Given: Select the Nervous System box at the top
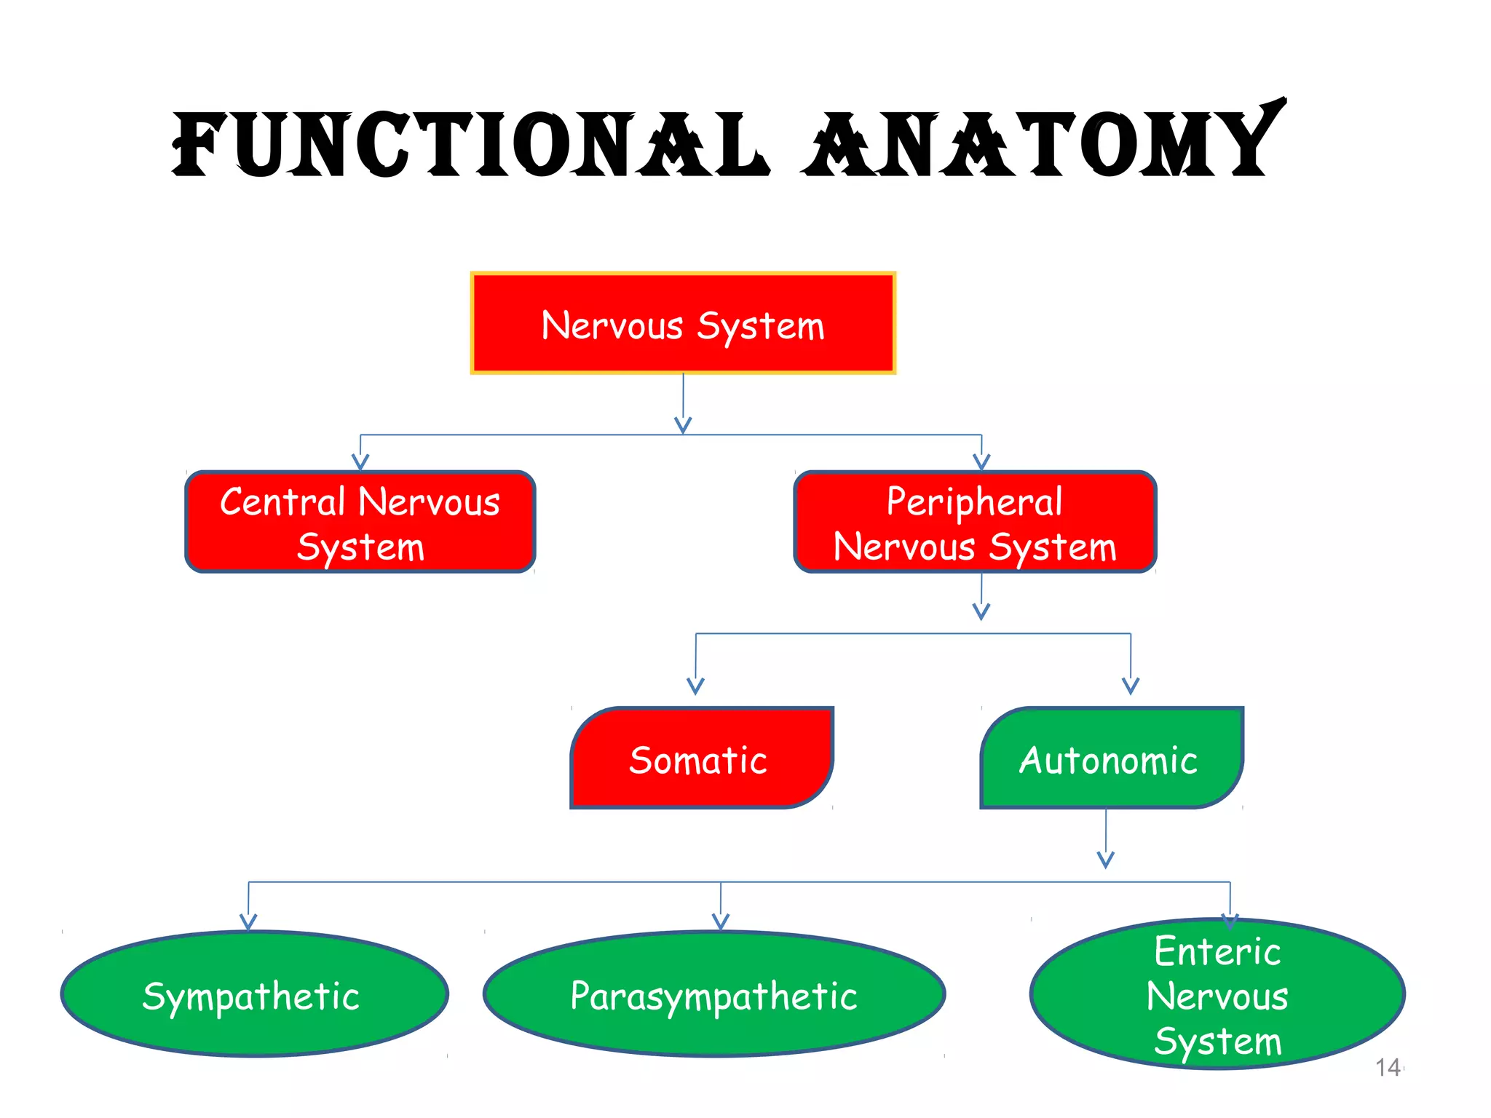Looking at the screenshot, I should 683,323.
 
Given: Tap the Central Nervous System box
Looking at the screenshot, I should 360,522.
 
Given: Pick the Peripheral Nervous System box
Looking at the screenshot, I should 975,522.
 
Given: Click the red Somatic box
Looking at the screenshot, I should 700,758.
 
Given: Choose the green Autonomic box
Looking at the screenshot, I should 1111,758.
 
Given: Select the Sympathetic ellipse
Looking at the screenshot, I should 254,994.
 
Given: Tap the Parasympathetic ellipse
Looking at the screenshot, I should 714,994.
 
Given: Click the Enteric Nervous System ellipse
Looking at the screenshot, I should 1217,995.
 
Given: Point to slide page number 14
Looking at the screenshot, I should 1388,1067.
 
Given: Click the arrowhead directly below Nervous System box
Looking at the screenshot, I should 683,425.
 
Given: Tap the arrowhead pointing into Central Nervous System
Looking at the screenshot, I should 360,462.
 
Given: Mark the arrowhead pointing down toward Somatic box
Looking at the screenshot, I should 695,686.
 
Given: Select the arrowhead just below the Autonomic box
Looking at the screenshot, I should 1106,860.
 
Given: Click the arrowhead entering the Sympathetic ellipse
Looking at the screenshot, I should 248,923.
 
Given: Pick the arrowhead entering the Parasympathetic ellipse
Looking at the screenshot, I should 721,923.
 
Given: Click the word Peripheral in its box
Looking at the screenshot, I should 974,501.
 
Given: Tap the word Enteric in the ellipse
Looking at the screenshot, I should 1217,951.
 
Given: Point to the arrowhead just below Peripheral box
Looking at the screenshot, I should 981,612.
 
